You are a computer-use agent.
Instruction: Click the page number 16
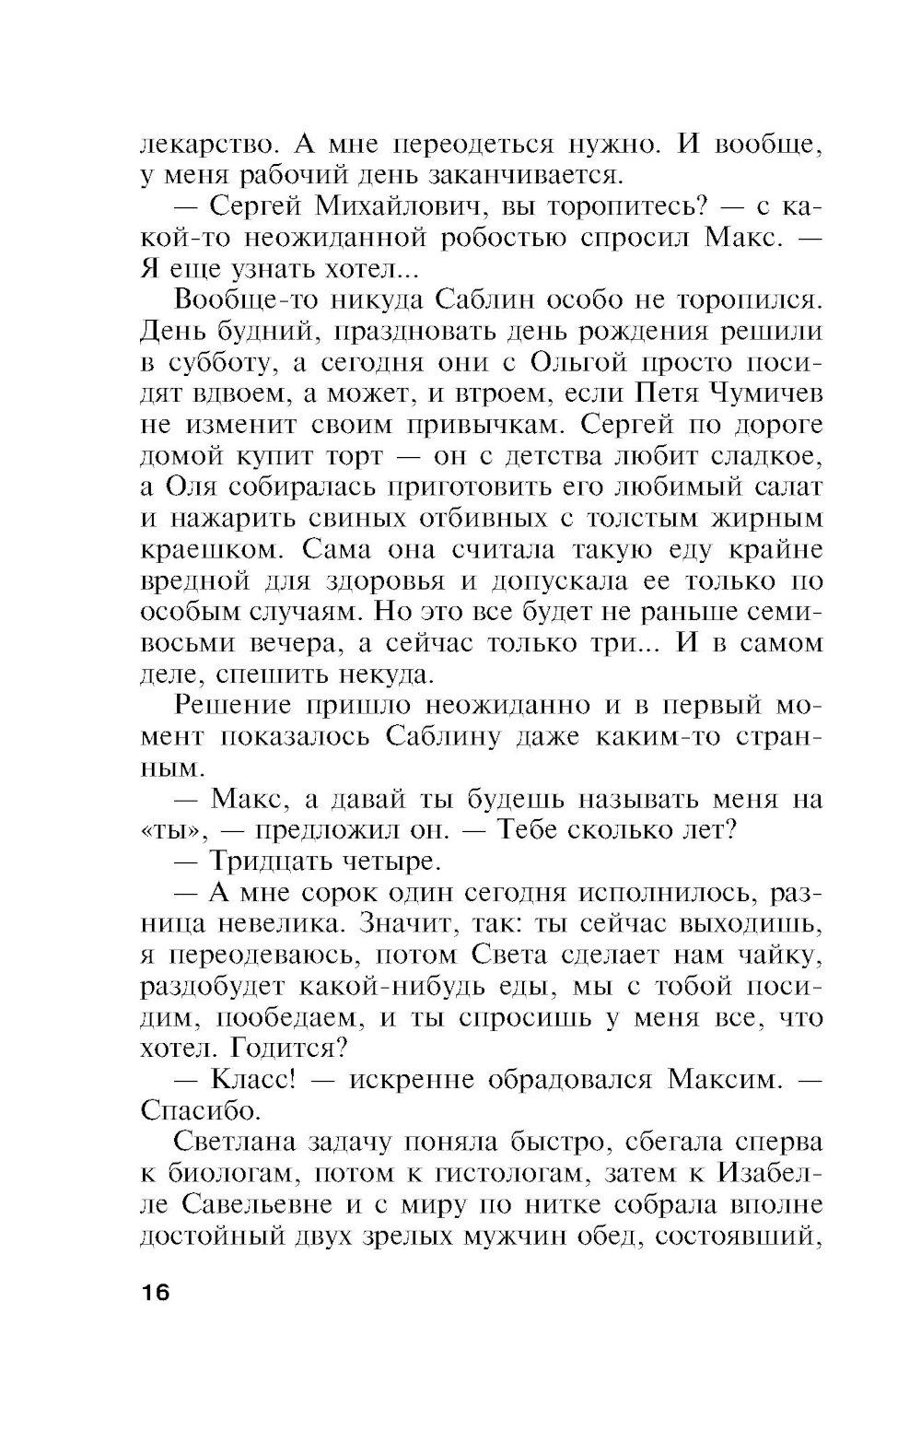[x=156, y=1292]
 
